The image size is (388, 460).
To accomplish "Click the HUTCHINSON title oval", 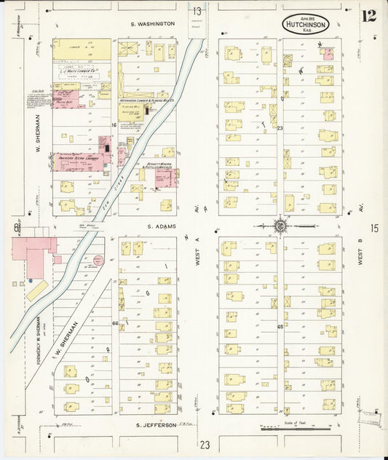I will pos(306,23).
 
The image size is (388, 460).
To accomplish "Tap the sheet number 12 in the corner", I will pos(369,16).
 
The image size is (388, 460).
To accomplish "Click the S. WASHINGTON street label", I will pos(153,24).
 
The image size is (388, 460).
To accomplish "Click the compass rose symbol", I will pos(280,226).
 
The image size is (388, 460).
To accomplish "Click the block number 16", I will pos(114,126).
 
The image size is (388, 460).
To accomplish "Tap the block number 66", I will pos(115,323).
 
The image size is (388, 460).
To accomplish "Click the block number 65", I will pos(280,327).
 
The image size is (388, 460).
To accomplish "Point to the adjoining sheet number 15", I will pos(374,229).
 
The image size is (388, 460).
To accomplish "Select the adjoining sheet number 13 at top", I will pos(197,11).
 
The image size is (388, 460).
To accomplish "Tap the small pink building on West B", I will pos(328,53).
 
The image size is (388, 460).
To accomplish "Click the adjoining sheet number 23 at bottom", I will pos(205,445).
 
